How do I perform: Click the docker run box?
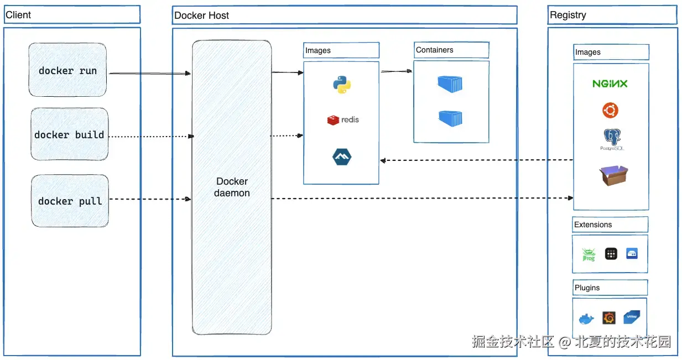[67, 71]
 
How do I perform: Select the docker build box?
[69, 134]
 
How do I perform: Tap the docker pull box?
[70, 201]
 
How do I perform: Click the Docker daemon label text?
[232, 187]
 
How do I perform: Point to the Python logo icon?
[342, 85]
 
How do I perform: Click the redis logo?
[343, 119]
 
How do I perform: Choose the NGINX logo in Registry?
[610, 84]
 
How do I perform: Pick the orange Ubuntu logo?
[610, 111]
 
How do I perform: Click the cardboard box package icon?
[613, 176]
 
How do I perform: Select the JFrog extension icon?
[588, 254]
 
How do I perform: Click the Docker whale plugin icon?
[586, 319]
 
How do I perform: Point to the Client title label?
[19, 15]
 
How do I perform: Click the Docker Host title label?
[202, 15]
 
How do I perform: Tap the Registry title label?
[568, 15]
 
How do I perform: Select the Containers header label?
[435, 50]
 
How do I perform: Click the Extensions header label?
[593, 225]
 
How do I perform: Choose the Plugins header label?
[587, 288]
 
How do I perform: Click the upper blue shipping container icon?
[450, 84]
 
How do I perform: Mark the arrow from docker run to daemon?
[149, 73]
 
